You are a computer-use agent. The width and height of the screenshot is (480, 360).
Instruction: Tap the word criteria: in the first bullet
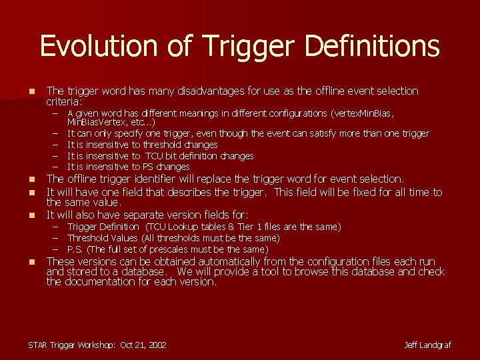coord(64,102)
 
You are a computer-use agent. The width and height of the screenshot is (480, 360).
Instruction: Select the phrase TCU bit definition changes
coord(199,155)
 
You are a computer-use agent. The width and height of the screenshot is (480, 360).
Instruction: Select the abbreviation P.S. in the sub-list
coord(75,249)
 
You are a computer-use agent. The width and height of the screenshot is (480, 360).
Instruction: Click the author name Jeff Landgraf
coord(427,345)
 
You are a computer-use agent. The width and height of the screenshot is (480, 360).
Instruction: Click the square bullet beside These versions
coord(31,261)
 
